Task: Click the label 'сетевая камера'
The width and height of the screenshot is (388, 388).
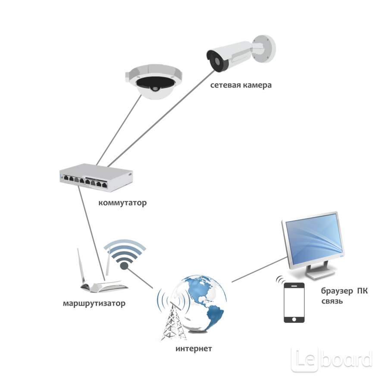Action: pyautogui.click(x=241, y=85)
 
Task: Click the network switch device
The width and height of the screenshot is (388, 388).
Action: pyautogui.click(x=96, y=177)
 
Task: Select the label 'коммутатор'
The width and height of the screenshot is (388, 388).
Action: pyautogui.click(x=122, y=202)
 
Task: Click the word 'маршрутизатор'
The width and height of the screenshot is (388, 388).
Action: pyautogui.click(x=94, y=304)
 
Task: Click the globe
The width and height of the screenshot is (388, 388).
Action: pyautogui.click(x=203, y=304)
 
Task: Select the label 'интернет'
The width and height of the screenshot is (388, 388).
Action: pyautogui.click(x=194, y=348)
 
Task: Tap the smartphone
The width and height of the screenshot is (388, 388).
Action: pyautogui.click(x=294, y=303)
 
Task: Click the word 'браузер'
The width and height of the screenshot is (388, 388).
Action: pyautogui.click(x=335, y=291)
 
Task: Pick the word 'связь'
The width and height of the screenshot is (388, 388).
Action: pyautogui.click(x=332, y=301)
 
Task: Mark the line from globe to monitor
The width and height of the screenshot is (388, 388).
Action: pyautogui.click(x=259, y=269)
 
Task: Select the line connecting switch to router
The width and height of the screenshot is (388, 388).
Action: pyautogui.click(x=91, y=233)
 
